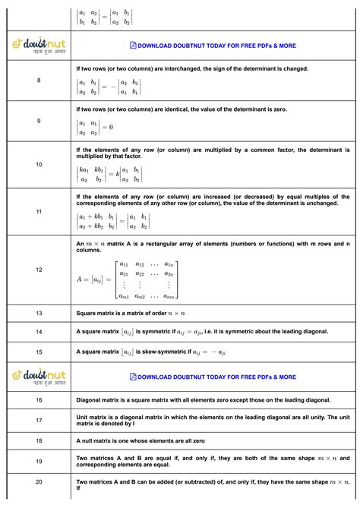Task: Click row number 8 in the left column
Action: point(39,80)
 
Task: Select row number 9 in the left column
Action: point(39,121)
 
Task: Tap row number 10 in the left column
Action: point(39,164)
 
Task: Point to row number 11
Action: point(39,211)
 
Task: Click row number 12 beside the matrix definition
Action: point(39,270)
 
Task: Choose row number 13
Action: point(39,313)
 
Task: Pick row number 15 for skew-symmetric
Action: point(39,352)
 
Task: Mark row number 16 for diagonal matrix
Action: point(39,399)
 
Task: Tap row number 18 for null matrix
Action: point(39,440)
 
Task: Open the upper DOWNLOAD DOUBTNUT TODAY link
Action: point(213,46)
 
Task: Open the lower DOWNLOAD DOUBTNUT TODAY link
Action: point(213,377)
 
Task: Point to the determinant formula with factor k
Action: point(109,174)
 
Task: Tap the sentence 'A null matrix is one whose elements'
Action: point(141,440)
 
